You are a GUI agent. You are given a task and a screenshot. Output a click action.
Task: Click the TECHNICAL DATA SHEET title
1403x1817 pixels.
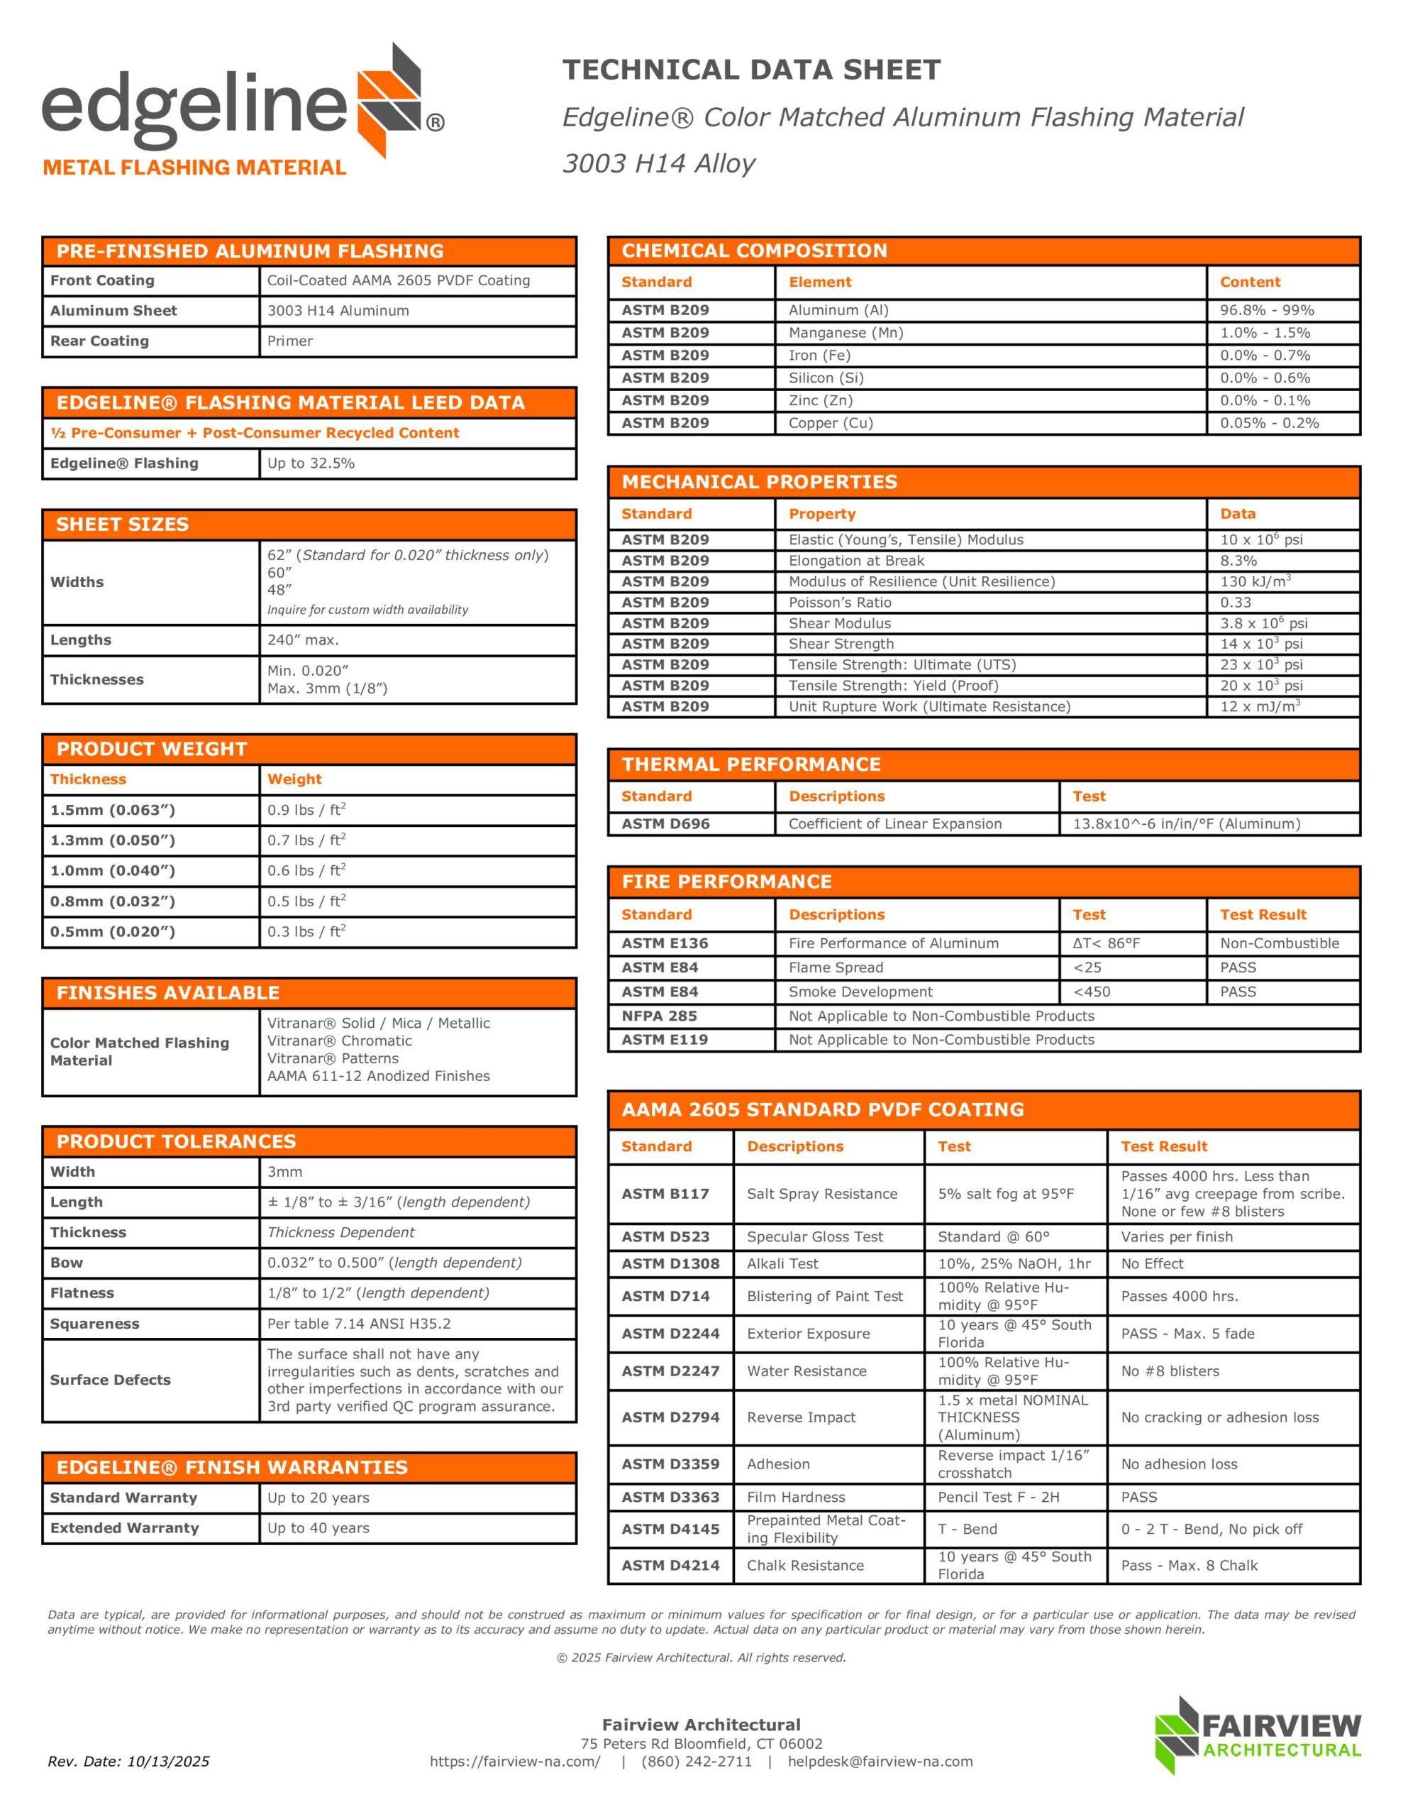[751, 70]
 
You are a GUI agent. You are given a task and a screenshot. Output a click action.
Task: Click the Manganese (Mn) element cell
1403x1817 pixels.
[845, 333]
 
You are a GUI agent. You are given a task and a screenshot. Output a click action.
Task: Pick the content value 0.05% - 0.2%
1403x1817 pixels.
[1269, 422]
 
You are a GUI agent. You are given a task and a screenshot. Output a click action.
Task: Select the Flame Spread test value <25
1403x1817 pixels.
[1087, 967]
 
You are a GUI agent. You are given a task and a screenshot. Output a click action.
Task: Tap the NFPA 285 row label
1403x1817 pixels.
[659, 1016]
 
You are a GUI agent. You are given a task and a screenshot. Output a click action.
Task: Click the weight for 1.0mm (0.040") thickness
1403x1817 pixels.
[306, 870]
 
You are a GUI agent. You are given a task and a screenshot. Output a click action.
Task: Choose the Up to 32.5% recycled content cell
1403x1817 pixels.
[311, 463]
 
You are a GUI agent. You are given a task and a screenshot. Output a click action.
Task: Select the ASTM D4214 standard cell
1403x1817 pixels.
[670, 1565]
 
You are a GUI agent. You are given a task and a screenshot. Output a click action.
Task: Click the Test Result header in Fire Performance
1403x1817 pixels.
[1263, 914]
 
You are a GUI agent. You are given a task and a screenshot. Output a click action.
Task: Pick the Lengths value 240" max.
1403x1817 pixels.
[303, 639]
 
